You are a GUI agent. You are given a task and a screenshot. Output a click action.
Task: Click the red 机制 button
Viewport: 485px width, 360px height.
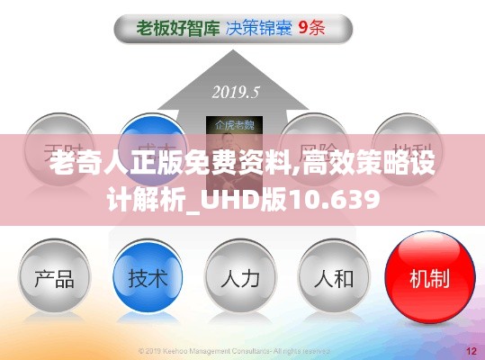pos(428,277)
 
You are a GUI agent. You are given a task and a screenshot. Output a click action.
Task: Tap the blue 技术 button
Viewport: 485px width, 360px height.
pos(148,277)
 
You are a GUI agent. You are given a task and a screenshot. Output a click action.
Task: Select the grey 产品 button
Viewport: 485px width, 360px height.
pos(55,277)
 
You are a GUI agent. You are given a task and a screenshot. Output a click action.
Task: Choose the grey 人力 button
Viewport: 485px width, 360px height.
pos(240,277)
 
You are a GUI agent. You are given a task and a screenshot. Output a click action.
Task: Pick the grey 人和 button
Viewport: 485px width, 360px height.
pos(333,277)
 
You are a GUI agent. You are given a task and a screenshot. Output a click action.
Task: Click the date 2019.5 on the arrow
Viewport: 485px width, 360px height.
pos(236,92)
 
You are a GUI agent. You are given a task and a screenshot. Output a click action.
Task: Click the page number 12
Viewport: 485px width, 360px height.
pos(470,350)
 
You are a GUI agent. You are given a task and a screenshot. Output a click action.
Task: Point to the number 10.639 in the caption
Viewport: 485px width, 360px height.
pos(337,197)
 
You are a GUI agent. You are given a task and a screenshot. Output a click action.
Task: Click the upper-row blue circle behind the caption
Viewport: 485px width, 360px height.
pos(148,144)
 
